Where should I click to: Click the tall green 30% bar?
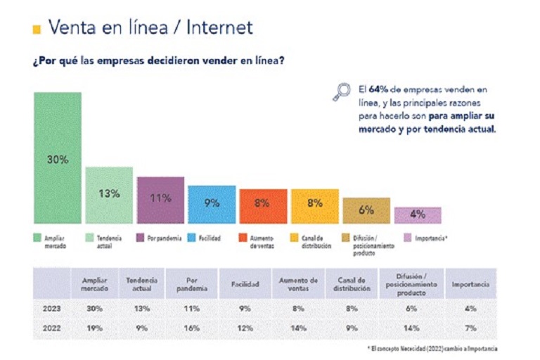(x=58, y=157)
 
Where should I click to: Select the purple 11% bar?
(x=160, y=200)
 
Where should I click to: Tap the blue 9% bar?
(x=212, y=205)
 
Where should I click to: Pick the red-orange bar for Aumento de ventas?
(x=263, y=206)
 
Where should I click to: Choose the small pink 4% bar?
(x=418, y=215)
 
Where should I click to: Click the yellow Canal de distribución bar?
(x=314, y=206)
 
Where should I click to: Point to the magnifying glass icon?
(x=342, y=92)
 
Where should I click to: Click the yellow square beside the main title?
(x=37, y=30)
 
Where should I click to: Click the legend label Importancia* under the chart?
(x=430, y=238)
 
